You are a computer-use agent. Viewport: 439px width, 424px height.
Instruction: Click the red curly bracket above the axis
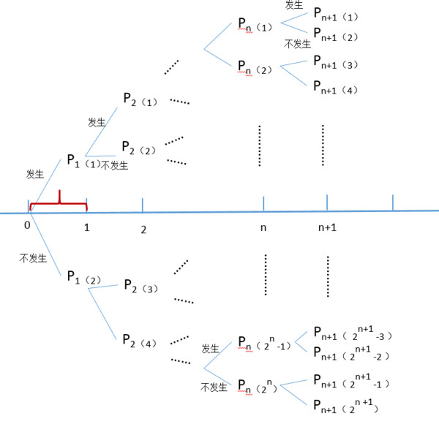pyautogui.click(x=59, y=203)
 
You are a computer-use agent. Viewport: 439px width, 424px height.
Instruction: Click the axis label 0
pyautogui.click(x=27, y=225)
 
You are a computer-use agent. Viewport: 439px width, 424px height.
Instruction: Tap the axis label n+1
pyautogui.click(x=327, y=227)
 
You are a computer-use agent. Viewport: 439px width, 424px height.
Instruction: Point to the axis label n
pyautogui.click(x=263, y=228)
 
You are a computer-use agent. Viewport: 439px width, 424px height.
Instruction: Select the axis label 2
pyautogui.click(x=143, y=230)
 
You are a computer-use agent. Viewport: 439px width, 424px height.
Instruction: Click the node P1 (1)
pyautogui.click(x=83, y=161)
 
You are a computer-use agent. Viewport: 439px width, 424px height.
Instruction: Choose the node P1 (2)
pyautogui.click(x=84, y=278)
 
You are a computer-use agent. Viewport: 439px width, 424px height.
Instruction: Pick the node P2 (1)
pyautogui.click(x=140, y=99)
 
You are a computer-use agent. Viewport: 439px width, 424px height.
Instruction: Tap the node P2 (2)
pyautogui.click(x=139, y=148)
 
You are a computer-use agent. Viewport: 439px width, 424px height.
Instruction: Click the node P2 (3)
pyautogui.click(x=140, y=286)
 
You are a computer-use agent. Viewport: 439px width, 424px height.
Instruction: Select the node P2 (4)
pyautogui.click(x=140, y=341)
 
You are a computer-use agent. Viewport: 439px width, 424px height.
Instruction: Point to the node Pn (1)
pyautogui.click(x=255, y=25)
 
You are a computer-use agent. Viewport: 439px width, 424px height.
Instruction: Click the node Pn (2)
pyautogui.click(x=255, y=68)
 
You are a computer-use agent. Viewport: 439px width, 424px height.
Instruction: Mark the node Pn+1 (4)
pyautogui.click(x=335, y=88)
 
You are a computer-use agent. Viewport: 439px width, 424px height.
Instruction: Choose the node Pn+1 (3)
pyautogui.click(x=335, y=63)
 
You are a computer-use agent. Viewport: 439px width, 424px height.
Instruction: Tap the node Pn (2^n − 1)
pyautogui.click(x=264, y=344)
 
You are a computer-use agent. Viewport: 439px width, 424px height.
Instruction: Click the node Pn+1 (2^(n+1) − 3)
pyautogui.click(x=353, y=333)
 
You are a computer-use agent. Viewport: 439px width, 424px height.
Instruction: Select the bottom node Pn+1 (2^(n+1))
pyautogui.click(x=346, y=406)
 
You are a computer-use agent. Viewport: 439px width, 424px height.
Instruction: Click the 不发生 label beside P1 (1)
pyautogui.click(x=114, y=165)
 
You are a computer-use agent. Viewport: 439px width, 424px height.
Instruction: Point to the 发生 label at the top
pyautogui.click(x=293, y=5)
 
